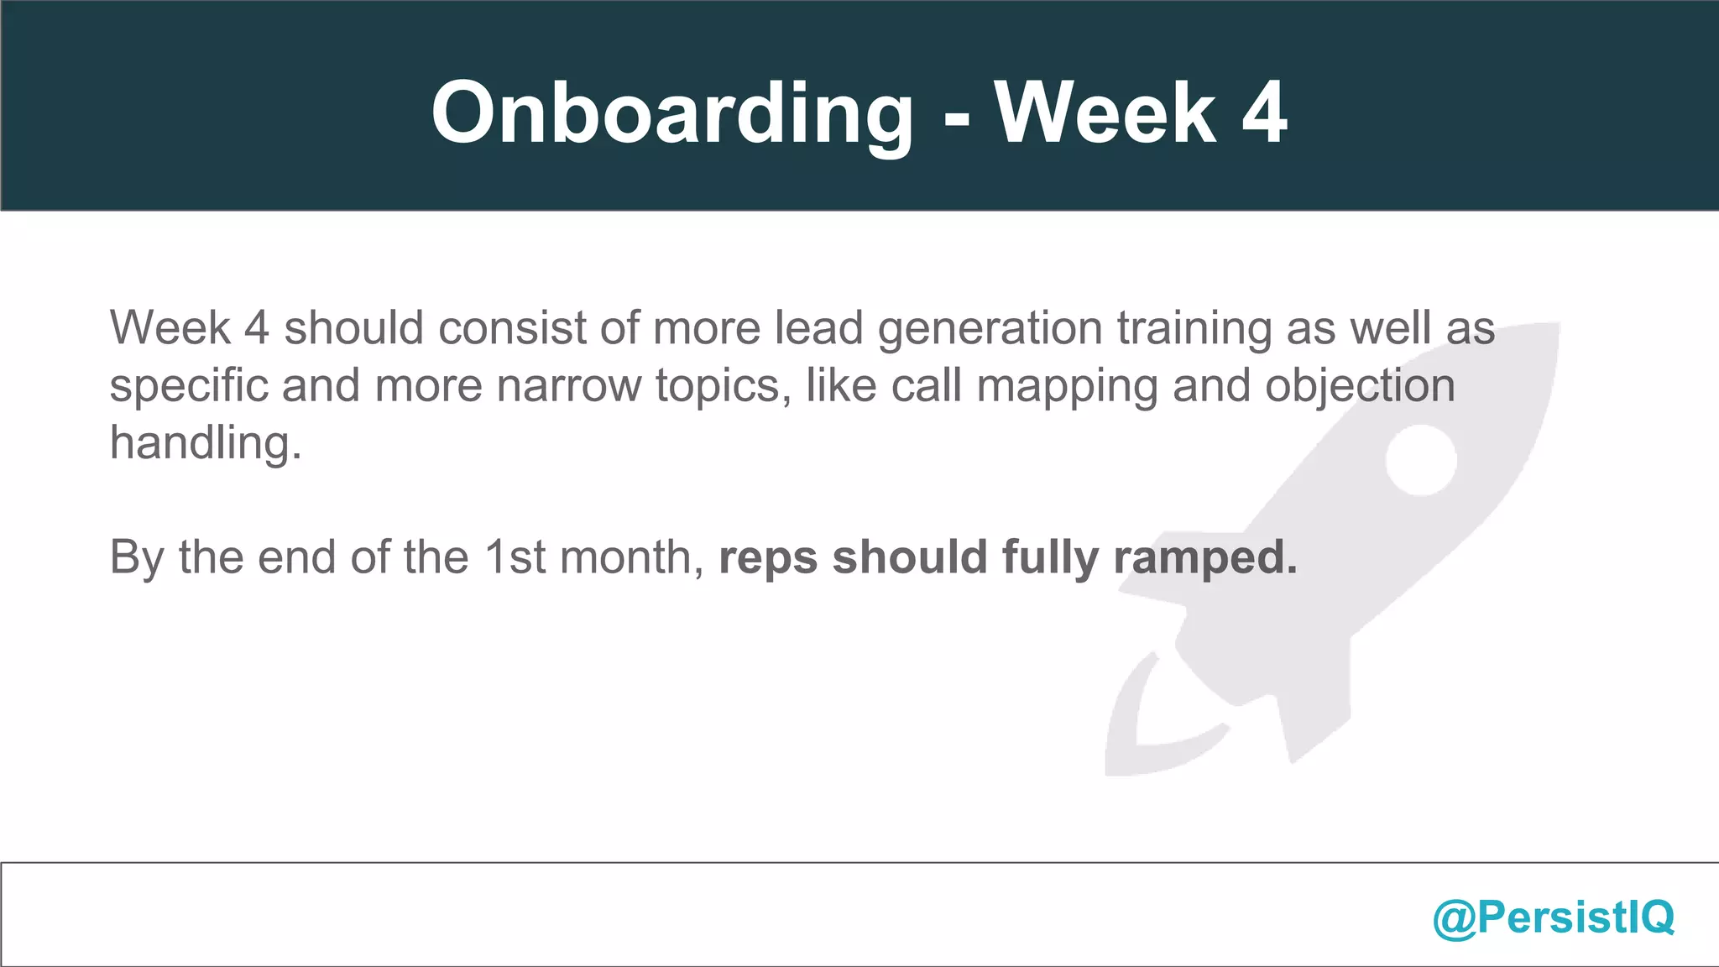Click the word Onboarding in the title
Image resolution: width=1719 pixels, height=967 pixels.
[671, 114]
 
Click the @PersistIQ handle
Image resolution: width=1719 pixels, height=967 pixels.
[1553, 917]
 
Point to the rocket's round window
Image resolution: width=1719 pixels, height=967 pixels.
[1420, 460]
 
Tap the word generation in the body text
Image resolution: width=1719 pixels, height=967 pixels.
[990, 328]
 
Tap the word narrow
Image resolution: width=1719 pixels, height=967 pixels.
[568, 386]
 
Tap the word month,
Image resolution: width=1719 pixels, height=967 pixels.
[632, 557]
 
